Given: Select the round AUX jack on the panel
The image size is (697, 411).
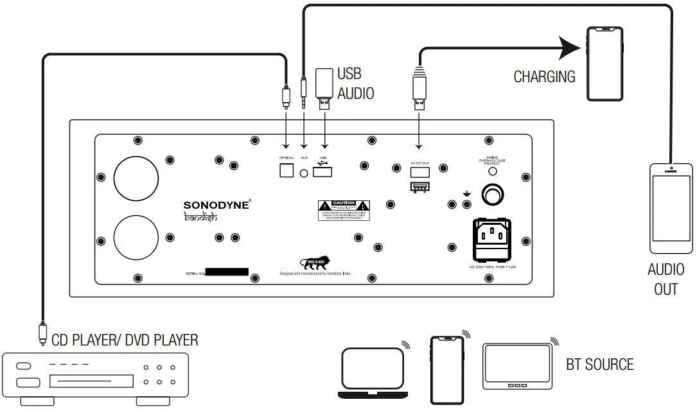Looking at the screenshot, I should [x=304, y=172].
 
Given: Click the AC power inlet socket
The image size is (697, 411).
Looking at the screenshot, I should [x=493, y=239].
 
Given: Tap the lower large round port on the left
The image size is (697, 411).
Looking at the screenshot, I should [x=136, y=236].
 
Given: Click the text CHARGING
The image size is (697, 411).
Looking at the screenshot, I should [x=544, y=77].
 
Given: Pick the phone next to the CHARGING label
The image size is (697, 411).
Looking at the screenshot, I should [x=604, y=64].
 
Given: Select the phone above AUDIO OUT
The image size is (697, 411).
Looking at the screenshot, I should [x=671, y=209].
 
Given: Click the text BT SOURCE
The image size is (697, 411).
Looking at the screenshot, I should [x=599, y=365].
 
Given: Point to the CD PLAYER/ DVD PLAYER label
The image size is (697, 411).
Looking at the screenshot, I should [x=125, y=340].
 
